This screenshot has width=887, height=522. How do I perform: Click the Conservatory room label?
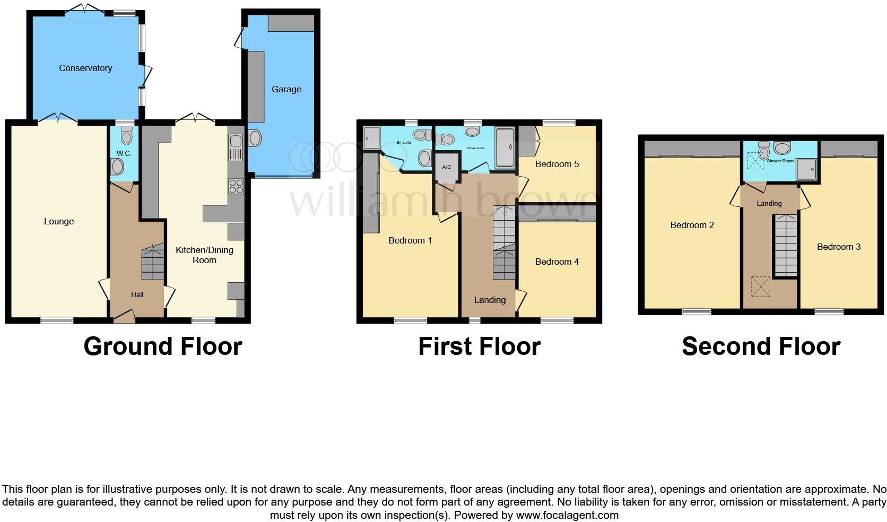(85, 68)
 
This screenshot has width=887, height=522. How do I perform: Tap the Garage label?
(286, 89)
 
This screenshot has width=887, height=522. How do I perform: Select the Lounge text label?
(59, 221)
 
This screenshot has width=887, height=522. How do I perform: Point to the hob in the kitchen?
(236, 186)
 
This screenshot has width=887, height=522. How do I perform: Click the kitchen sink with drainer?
(236, 147)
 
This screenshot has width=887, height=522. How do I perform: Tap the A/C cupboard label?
(447, 167)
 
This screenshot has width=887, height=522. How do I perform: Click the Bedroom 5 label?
(556, 164)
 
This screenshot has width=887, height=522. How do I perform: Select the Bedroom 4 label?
(556, 262)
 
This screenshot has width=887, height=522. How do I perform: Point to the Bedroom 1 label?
(410, 240)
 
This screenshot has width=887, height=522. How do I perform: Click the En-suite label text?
(404, 143)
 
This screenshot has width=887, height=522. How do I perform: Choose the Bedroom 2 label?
(692, 225)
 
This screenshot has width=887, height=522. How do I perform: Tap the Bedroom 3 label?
(838, 247)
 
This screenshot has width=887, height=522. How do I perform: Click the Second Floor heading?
(761, 346)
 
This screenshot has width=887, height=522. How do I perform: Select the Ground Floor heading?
(163, 346)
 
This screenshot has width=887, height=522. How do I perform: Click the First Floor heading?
(479, 346)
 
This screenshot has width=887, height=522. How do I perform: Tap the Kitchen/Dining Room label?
(204, 255)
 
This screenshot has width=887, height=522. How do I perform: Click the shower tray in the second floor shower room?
(807, 169)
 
